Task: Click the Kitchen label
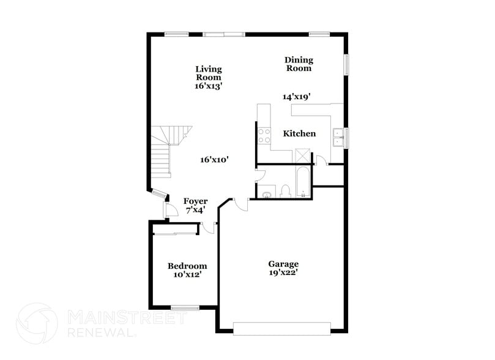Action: coord(299,133)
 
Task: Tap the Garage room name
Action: coord(283,264)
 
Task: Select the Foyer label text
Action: coord(195,201)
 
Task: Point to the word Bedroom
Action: coord(187,266)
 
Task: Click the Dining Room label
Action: coord(299,64)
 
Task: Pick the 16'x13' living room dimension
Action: coord(209,86)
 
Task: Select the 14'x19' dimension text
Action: coord(297,96)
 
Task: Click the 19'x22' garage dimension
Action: coord(283,273)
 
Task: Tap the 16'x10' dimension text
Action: coord(214,160)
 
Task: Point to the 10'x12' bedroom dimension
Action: coord(187,275)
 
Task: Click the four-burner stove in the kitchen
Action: coord(264,135)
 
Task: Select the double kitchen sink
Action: coord(337,138)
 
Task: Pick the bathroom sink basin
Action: coord(267,195)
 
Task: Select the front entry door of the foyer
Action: coord(168,209)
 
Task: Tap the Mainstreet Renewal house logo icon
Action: coord(37,323)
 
